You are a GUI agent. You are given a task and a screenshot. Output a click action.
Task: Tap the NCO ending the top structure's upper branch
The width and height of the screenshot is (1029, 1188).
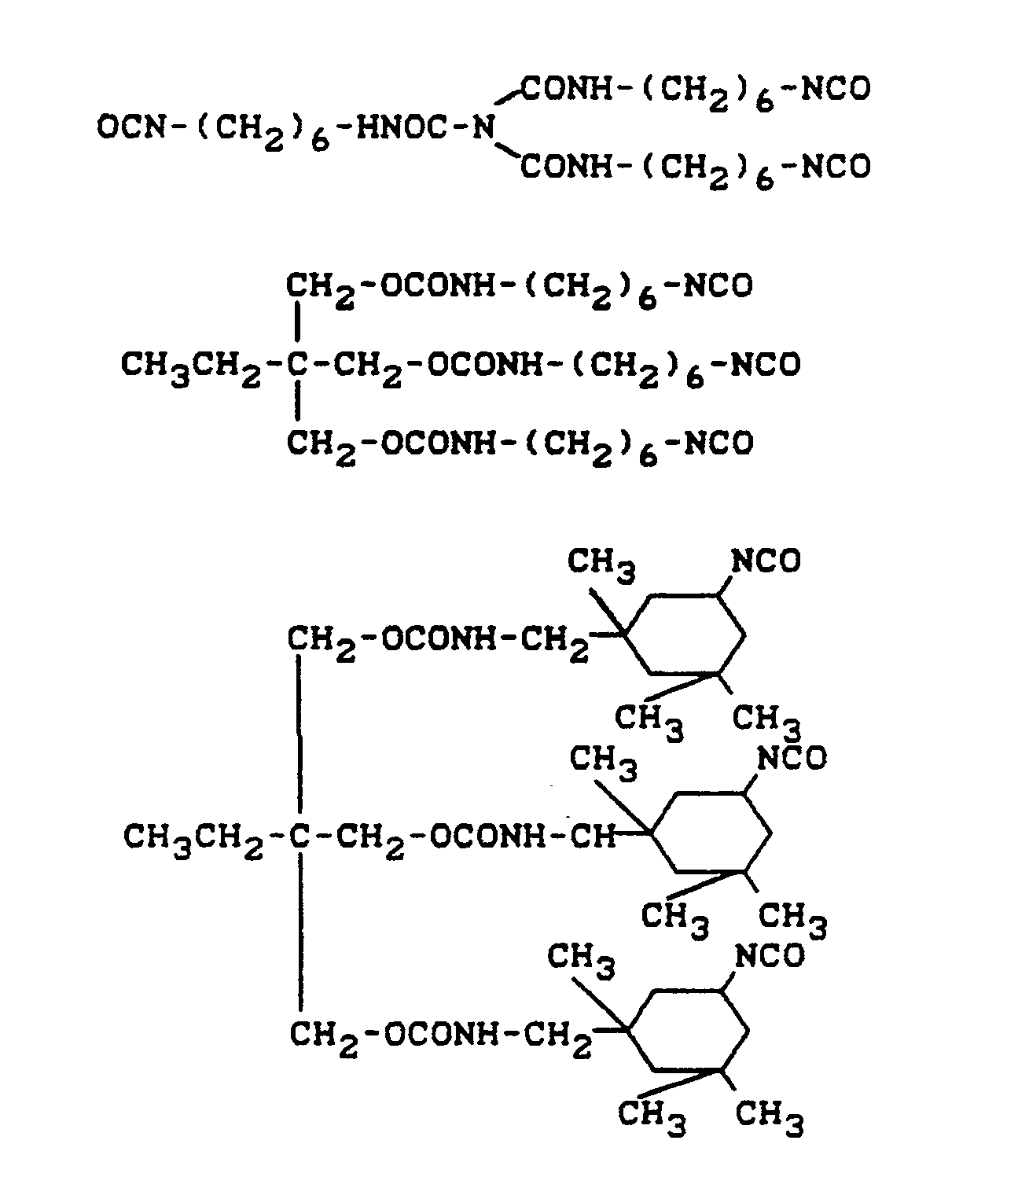pyautogui.click(x=838, y=88)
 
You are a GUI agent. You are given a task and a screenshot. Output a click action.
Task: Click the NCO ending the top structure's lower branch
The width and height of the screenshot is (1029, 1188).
pyautogui.click(x=838, y=167)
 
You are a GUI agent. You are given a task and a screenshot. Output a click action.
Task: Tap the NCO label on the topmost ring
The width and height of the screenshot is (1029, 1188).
pyautogui.click(x=766, y=561)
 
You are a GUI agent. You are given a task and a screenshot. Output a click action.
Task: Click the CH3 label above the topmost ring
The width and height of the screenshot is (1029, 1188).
pyautogui.click(x=602, y=564)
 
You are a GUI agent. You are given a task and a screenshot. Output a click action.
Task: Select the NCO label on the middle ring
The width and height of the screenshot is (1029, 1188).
pyautogui.click(x=792, y=759)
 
